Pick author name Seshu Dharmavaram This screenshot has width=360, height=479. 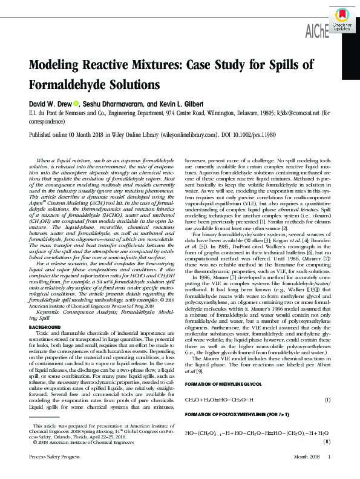117,104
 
